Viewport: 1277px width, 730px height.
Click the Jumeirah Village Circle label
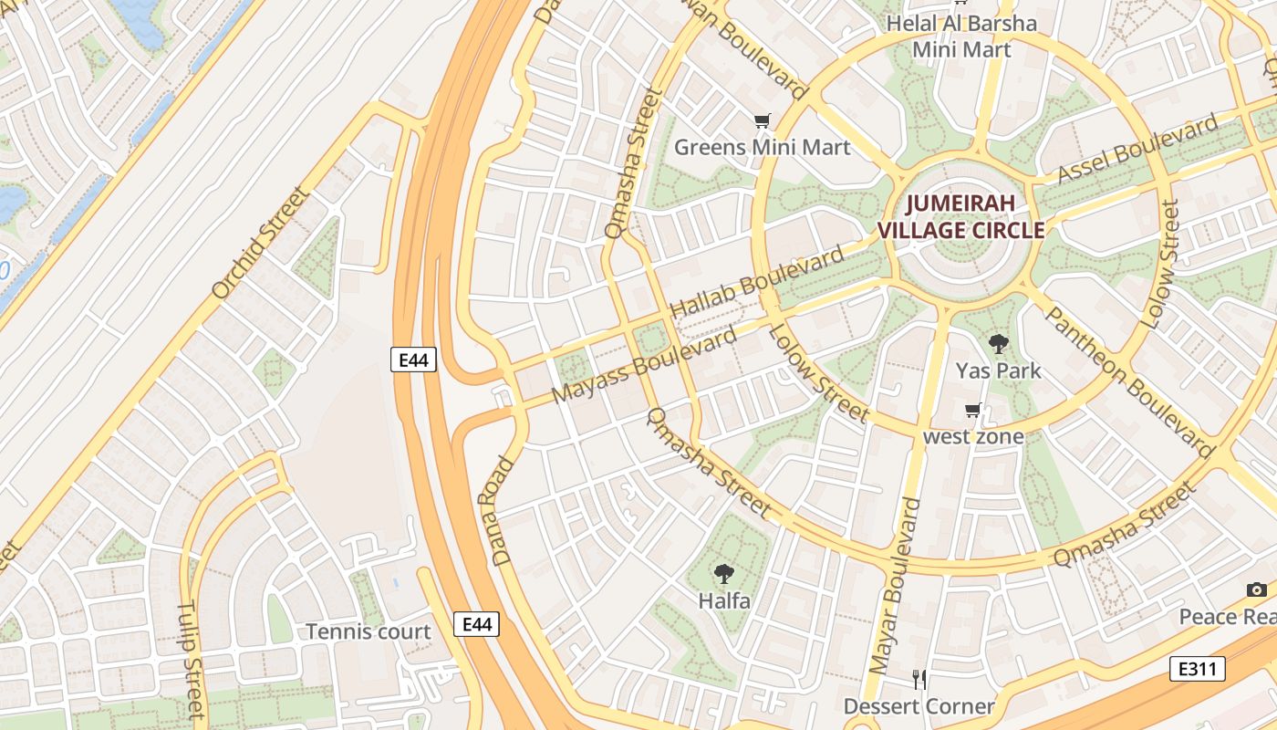pos(960,216)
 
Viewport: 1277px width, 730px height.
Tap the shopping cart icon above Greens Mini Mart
pos(762,121)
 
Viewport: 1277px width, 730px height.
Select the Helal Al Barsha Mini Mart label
pos(961,36)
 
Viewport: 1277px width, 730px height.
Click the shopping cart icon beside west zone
pos(973,411)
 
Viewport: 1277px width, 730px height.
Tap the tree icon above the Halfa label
pos(724,574)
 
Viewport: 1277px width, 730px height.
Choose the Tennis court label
pos(369,631)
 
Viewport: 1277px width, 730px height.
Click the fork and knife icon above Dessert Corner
pos(919,680)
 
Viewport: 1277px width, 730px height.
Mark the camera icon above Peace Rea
pos(1257,590)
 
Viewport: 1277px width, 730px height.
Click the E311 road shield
pos(1196,669)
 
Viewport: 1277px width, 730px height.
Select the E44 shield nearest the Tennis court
pos(476,624)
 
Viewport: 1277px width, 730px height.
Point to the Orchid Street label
pos(261,243)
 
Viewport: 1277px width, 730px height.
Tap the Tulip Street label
pos(190,658)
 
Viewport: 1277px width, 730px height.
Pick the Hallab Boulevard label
pos(757,283)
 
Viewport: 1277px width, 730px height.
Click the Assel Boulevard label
pos(1137,150)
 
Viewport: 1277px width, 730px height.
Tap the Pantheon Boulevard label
pos(1128,381)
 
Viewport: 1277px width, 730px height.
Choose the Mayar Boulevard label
pos(894,598)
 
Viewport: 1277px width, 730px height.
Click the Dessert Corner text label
pos(919,706)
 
